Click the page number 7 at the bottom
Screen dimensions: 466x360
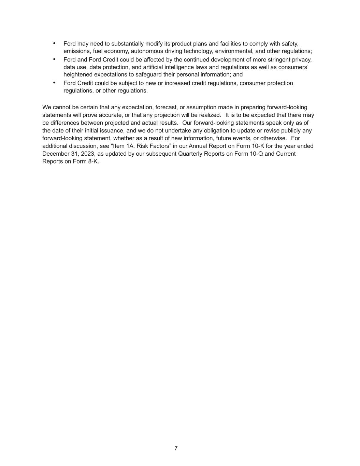(x=176, y=448)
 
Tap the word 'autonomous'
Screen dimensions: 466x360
(x=145, y=51)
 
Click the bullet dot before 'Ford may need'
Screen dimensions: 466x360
(x=54, y=43)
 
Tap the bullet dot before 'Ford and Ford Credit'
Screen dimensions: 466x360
(x=54, y=59)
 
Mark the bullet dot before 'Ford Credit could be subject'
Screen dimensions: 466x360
(x=54, y=83)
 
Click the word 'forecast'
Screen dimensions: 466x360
(x=166, y=108)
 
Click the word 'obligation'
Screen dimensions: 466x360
(x=195, y=131)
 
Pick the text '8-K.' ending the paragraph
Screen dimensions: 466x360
(x=93, y=161)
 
